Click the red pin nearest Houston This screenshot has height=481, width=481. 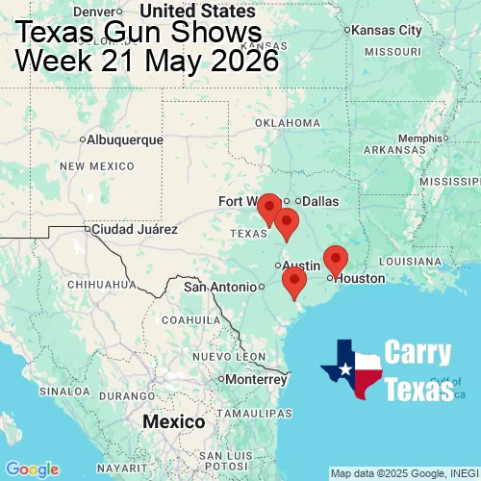click(x=335, y=259)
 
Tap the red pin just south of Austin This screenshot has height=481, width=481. click(x=293, y=281)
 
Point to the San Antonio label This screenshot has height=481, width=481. click(x=221, y=287)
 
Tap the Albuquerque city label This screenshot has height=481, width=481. click(x=124, y=139)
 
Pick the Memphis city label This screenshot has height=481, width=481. click(x=418, y=138)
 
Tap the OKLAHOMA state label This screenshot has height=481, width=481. click(x=288, y=123)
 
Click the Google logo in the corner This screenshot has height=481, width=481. click(x=31, y=468)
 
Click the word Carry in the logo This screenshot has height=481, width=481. click(x=419, y=354)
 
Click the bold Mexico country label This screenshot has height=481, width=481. click(x=173, y=422)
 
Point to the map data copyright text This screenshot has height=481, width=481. click(x=404, y=473)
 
